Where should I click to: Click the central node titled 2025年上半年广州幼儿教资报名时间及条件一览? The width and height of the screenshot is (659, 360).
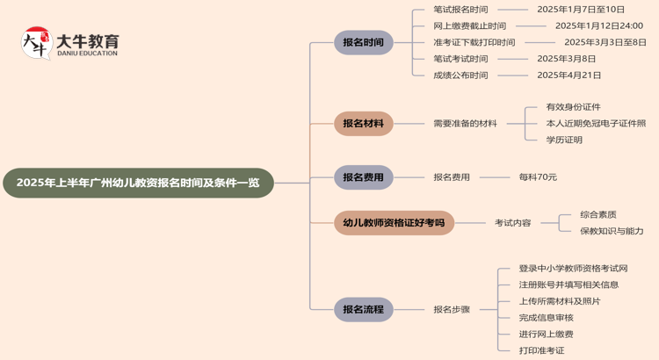point(138,183)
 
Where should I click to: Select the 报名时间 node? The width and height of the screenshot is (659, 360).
point(363,42)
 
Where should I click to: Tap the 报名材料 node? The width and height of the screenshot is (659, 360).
point(363,124)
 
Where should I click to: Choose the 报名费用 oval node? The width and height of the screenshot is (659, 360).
point(363,177)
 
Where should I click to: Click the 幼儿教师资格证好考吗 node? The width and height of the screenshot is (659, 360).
point(394,223)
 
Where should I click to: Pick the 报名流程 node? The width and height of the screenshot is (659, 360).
point(363,309)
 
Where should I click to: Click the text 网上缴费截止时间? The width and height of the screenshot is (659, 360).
point(469,26)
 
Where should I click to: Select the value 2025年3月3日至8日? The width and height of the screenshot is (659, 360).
point(605,42)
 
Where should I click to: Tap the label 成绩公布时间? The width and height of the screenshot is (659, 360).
point(460,76)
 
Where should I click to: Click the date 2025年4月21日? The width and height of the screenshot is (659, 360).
point(569,76)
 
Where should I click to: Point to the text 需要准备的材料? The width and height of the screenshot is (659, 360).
point(465,124)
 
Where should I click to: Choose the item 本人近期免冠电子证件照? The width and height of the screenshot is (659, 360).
point(596,124)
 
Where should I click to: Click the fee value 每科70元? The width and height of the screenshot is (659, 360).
point(538,177)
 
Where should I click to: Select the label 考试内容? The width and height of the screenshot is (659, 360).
point(512,223)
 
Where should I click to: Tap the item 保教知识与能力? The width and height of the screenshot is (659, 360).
point(612,231)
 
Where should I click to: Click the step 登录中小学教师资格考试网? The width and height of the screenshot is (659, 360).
point(573,269)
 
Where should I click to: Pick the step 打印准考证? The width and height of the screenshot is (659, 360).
point(541,350)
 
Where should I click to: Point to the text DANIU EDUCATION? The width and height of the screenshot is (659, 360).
point(86,54)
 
